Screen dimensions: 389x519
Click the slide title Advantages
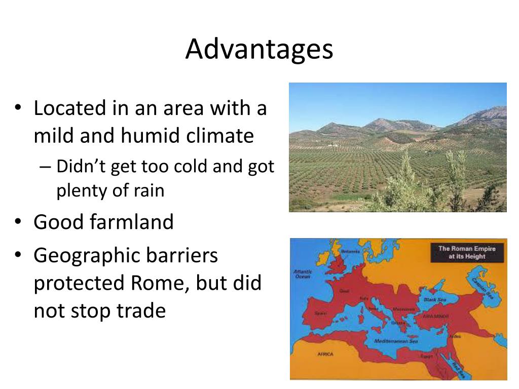tap(259, 49)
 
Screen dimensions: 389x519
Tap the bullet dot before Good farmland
tap(19, 222)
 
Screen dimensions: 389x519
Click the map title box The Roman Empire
tap(466, 252)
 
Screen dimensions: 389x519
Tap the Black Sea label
tap(434, 299)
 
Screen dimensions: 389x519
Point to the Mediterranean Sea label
tap(396, 341)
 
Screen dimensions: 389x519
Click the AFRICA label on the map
tap(325, 354)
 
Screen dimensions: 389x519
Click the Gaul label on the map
tap(344, 291)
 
